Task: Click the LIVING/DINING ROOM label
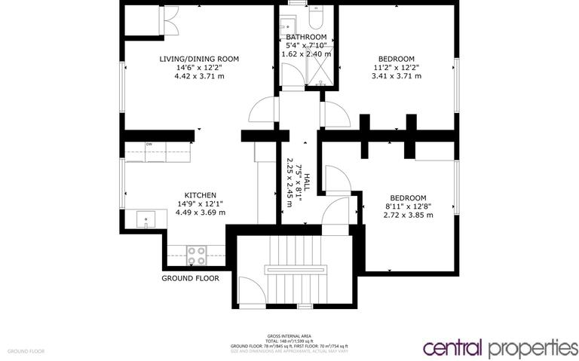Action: pos(199,59)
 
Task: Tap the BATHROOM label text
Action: pos(306,37)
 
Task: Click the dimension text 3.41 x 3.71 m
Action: pos(397,76)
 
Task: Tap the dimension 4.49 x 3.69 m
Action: pos(201,213)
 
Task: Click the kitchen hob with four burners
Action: pos(197,255)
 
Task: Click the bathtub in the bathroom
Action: pos(316,17)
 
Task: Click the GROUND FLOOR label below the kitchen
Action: pos(191,278)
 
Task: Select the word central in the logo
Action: pos(454,348)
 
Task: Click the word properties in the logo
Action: pos(533,349)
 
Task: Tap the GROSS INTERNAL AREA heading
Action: pos(290,335)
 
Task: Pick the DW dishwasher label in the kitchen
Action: pos(149,144)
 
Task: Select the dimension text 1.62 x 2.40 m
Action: pos(306,54)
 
